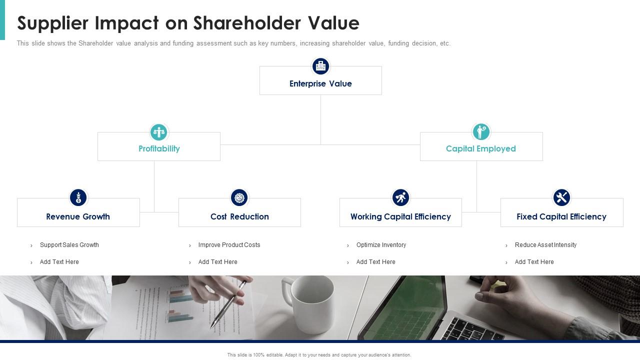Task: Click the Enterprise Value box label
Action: tap(320, 83)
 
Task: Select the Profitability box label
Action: tap(159, 148)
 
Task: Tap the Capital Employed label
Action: tap(480, 148)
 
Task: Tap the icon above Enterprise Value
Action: tap(320, 66)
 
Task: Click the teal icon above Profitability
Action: tap(159, 132)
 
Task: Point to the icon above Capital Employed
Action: tap(481, 132)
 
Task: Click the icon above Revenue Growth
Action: tap(78, 197)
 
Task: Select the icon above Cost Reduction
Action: tap(239, 197)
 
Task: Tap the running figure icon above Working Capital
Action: tap(400, 197)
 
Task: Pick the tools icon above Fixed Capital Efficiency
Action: tap(561, 197)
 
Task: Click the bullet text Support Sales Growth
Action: tap(69, 245)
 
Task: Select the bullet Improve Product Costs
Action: tap(229, 245)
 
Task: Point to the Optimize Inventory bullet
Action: tap(381, 245)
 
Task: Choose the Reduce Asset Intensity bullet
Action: tap(545, 245)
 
